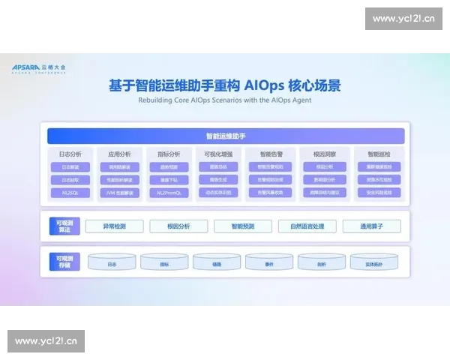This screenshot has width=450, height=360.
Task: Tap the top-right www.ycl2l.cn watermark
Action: point(401,19)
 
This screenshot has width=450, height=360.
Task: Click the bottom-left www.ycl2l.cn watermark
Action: point(48,342)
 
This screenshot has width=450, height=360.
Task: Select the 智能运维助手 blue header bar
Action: point(226,136)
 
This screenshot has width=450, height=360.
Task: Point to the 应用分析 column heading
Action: point(120,154)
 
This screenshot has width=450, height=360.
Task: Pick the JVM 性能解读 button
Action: point(120,193)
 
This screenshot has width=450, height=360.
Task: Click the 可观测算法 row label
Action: point(64,226)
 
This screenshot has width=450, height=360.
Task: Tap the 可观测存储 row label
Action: point(64,262)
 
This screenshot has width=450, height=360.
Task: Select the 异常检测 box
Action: point(114,226)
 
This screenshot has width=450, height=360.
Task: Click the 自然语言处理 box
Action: point(307,226)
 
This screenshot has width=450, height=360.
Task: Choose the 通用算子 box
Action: point(371,226)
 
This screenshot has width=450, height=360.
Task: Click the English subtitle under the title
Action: point(225,99)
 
